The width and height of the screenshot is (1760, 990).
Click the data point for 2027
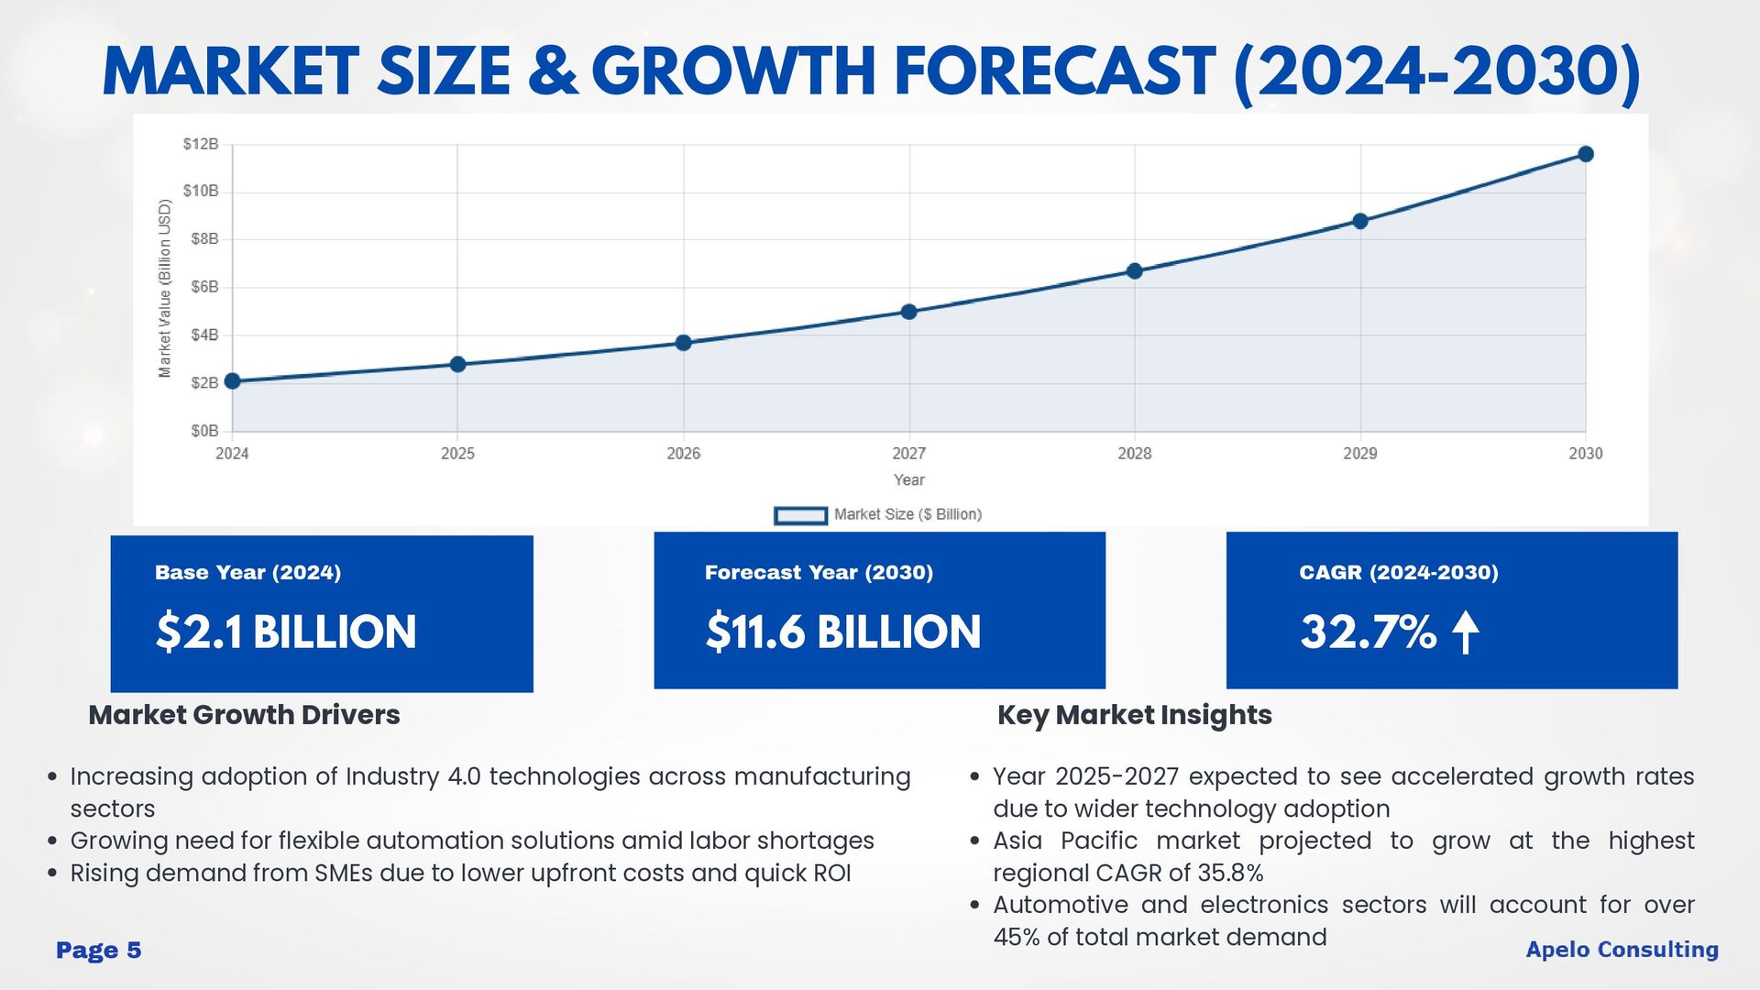[908, 312]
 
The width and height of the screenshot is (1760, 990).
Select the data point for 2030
[1586, 154]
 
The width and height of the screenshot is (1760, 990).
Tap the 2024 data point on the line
[233, 381]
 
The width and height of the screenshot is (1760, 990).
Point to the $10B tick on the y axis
[201, 191]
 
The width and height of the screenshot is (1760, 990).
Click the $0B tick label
[204, 431]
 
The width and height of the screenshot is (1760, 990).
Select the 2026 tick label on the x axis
[683, 454]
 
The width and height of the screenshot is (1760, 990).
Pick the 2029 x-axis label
[1359, 454]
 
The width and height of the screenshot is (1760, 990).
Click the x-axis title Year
[908, 480]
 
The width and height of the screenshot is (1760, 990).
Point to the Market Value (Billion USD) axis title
[165, 289]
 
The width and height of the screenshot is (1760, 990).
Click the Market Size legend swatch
[800, 515]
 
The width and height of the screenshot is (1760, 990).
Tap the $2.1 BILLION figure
[286, 632]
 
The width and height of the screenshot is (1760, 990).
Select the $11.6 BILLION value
[842, 632]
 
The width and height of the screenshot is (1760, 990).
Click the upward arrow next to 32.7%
[1466, 632]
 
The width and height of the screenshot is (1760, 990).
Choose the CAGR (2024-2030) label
[1398, 573]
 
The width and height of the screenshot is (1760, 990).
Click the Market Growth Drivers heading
[244, 715]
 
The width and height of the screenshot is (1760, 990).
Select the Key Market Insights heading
[1134, 715]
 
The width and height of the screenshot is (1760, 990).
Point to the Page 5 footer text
[99, 951]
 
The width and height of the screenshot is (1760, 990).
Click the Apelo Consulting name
[1622, 950]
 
